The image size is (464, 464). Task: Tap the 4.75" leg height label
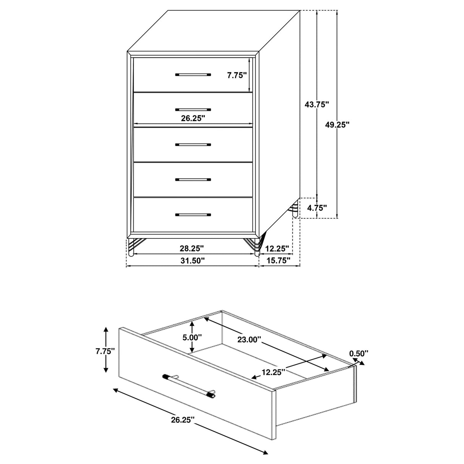(317, 208)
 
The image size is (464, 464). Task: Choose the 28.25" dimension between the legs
(192, 248)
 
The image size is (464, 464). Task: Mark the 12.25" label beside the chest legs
(277, 248)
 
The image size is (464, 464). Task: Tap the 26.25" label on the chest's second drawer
(193, 118)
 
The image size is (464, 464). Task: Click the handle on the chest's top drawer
(193, 75)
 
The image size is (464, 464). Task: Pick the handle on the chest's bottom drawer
(193, 215)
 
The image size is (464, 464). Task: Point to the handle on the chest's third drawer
(193, 145)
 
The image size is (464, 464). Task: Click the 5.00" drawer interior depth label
(192, 337)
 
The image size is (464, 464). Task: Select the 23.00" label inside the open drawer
(249, 339)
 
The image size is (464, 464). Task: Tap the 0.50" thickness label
(359, 353)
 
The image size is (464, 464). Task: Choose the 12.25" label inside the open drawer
(274, 372)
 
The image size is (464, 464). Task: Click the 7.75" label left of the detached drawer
(105, 351)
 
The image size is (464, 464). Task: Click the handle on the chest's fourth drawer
(193, 179)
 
